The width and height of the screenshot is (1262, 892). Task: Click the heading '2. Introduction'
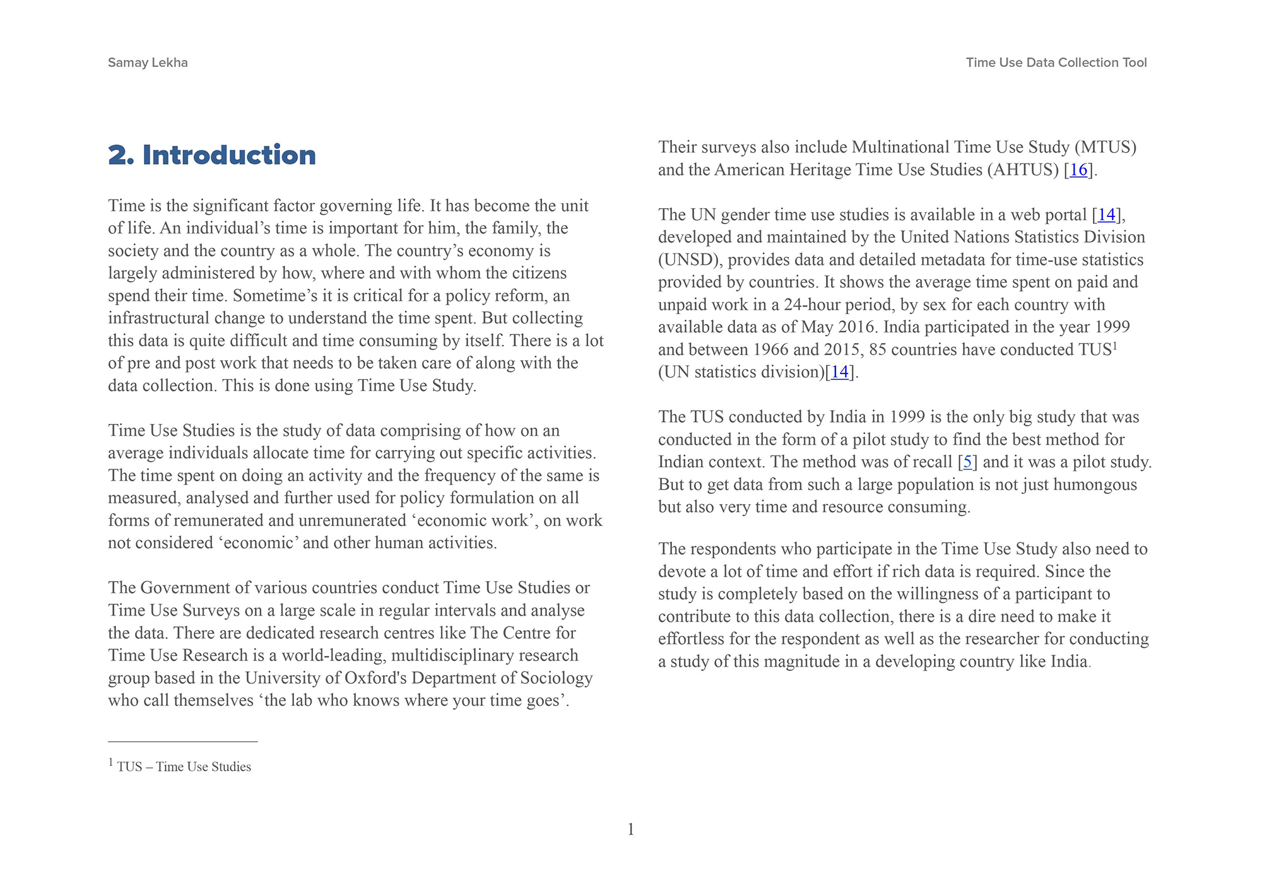pyautogui.click(x=212, y=155)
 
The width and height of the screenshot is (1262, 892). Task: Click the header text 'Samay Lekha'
pyautogui.click(x=148, y=62)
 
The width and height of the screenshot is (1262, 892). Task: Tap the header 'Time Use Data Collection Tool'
pyautogui.click(x=1056, y=62)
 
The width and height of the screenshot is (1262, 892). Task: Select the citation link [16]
pyautogui.click(x=1078, y=170)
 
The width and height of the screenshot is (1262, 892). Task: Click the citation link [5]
pyautogui.click(x=967, y=462)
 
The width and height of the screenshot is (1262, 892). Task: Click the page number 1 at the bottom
pyautogui.click(x=630, y=830)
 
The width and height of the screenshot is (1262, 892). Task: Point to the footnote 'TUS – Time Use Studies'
pyautogui.click(x=184, y=767)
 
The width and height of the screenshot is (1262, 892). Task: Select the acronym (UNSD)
pyautogui.click(x=690, y=260)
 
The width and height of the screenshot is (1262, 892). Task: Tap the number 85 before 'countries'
pyautogui.click(x=878, y=349)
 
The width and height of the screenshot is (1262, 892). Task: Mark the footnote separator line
pyautogui.click(x=182, y=741)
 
